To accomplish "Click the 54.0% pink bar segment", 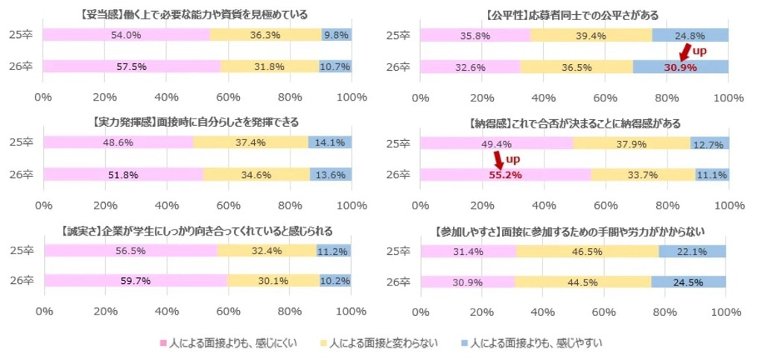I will pyautogui.click(x=126, y=34).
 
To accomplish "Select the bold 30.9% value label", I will pyautogui.click(x=681, y=66).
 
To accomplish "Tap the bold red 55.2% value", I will pyautogui.click(x=504, y=174).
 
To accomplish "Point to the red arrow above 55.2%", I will pyautogui.click(x=498, y=159).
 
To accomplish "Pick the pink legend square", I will pyautogui.click(x=163, y=343).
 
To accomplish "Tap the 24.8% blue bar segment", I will pyautogui.click(x=690, y=34).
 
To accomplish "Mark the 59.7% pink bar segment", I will pyautogui.click(x=136, y=280).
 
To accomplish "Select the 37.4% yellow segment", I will pyautogui.click(x=251, y=142).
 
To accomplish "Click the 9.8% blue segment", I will pyautogui.click(x=337, y=34).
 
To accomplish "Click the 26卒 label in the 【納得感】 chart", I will pyautogui.click(x=401, y=174).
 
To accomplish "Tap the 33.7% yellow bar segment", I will pyautogui.click(x=643, y=174).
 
